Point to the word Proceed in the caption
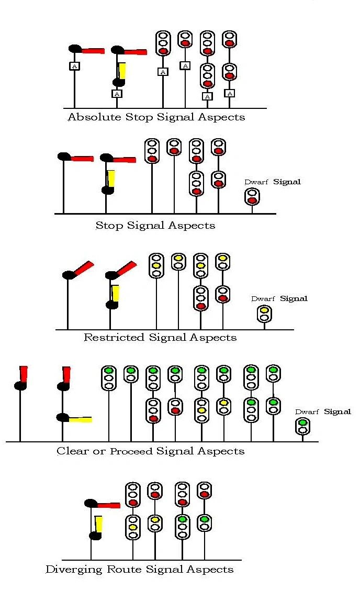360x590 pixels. (x=131, y=451)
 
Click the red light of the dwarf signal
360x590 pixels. (x=252, y=201)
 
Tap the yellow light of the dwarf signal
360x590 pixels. (x=264, y=310)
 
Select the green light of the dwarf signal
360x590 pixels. (x=302, y=423)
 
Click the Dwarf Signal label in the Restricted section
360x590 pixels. (x=279, y=299)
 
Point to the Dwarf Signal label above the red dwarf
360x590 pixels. (x=273, y=182)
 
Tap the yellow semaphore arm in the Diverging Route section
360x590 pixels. (x=98, y=524)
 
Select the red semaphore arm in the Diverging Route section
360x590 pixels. (x=108, y=505)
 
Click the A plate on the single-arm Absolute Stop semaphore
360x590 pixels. (x=75, y=66)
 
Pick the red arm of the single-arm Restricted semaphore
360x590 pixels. (x=84, y=269)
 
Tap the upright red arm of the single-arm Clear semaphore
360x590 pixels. (x=23, y=374)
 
